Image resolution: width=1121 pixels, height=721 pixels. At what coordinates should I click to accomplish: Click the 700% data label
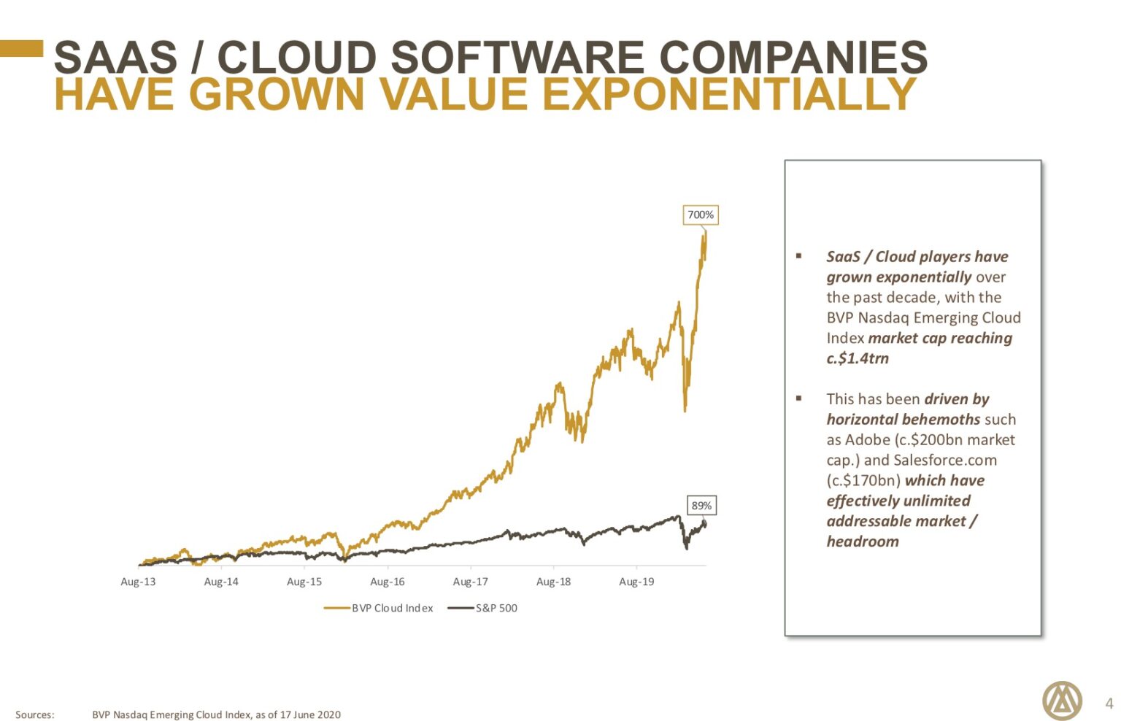700,215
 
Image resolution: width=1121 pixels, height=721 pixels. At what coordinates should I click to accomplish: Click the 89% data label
701,505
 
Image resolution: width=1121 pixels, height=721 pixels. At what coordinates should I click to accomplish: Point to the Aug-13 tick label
138,582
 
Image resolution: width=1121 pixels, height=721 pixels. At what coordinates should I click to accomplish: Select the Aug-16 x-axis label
387,582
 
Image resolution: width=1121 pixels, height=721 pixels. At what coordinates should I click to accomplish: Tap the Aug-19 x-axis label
636,582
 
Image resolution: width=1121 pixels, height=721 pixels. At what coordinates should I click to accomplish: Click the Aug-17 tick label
470,582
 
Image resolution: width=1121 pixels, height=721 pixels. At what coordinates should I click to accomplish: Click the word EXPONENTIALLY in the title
730,94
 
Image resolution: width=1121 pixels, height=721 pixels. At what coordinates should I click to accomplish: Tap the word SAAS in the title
115,57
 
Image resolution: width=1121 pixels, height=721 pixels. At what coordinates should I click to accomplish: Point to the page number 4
1109,703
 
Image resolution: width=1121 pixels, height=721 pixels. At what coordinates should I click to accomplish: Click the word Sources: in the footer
35,714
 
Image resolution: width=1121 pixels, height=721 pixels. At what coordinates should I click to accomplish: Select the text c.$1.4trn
858,358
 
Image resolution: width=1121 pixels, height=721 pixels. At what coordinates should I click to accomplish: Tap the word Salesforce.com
944,460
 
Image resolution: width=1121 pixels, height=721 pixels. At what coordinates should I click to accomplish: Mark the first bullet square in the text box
799,256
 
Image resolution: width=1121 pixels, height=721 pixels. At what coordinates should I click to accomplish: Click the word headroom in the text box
863,541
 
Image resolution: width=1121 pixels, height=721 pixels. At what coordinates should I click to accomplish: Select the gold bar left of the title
22,48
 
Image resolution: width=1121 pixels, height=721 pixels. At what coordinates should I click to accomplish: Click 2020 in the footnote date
328,714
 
